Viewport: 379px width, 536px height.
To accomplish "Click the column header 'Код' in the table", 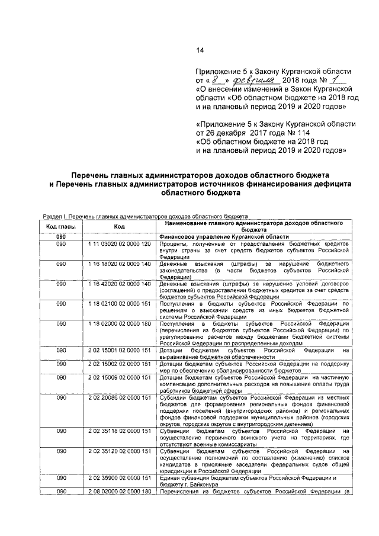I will coord(120,226).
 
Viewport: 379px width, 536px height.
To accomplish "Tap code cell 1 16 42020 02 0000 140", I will coord(120,284).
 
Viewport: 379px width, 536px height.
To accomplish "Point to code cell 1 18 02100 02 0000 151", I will coord(120,304).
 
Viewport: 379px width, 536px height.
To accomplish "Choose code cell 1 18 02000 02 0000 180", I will coord(120,324).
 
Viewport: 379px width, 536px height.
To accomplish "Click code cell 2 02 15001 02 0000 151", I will coord(120,351).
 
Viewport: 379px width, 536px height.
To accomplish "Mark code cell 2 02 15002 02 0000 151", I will coord(120,364).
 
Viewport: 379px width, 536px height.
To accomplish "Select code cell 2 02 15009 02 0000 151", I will coord(120,377).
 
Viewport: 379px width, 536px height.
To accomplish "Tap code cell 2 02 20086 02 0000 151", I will coord(120,397).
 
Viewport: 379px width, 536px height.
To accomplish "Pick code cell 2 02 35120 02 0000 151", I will coord(120,451).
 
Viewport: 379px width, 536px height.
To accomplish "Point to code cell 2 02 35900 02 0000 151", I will coord(120,477).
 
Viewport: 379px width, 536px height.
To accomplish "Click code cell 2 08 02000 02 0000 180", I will coord(120,491).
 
